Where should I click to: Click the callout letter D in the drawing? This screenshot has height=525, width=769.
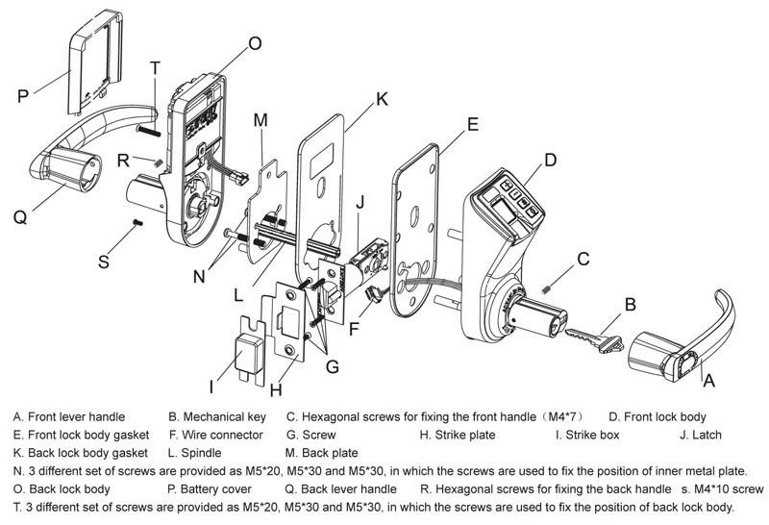click(550, 161)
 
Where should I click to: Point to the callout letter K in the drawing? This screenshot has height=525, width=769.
click(382, 99)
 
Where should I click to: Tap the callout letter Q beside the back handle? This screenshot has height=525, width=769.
click(20, 217)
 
